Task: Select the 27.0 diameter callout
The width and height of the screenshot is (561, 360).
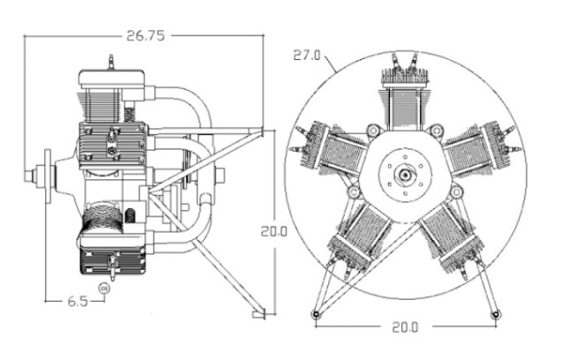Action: click(308, 54)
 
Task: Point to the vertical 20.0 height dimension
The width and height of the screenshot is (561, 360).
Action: click(273, 231)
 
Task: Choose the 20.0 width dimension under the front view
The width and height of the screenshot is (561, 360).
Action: click(405, 326)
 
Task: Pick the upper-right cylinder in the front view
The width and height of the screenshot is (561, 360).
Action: click(477, 152)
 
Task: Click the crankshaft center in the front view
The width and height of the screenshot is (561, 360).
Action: click(405, 174)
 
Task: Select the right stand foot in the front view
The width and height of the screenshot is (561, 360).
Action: click(496, 313)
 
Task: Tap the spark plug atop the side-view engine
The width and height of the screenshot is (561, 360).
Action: click(111, 63)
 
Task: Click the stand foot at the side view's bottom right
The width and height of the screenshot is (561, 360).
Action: click(257, 313)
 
